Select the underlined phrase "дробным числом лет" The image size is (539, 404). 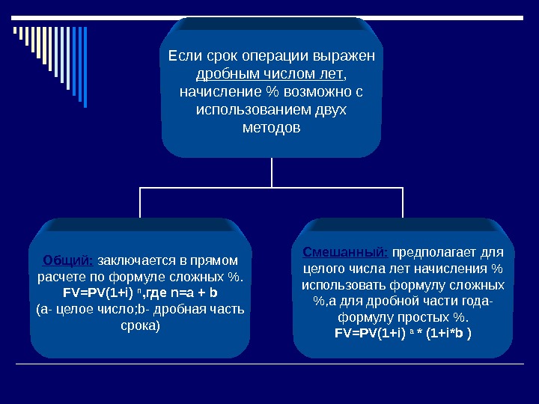[270, 74]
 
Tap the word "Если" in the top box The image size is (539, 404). [181, 56]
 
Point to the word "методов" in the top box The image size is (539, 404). [272, 128]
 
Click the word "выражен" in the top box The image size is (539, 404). [349, 56]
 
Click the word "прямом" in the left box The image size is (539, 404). [217, 260]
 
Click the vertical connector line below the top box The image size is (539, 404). [271, 174]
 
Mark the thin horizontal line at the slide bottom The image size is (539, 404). [269, 364]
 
